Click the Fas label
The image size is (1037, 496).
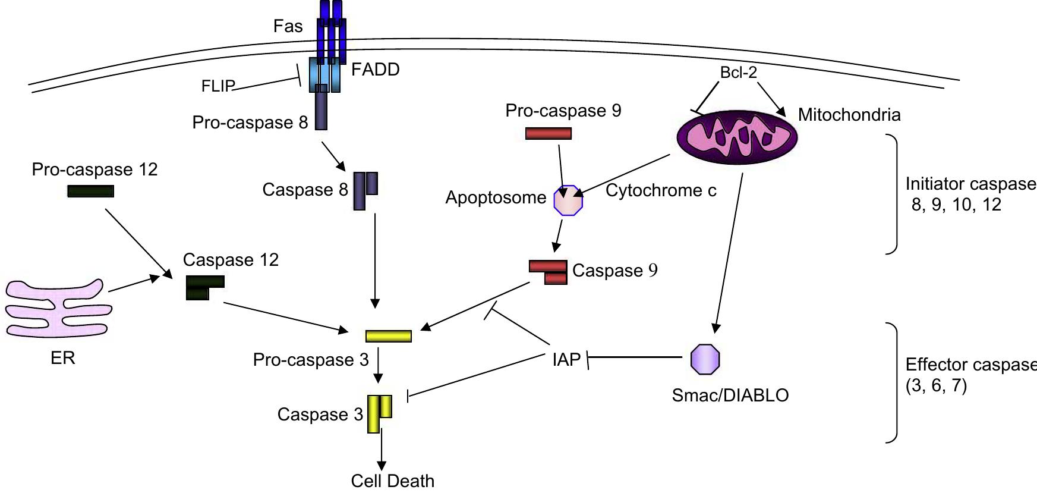pyautogui.click(x=288, y=26)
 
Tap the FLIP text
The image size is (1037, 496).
pyautogui.click(x=218, y=86)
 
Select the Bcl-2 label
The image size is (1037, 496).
pyautogui.click(x=738, y=73)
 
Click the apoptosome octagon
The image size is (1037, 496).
pyautogui.click(x=568, y=200)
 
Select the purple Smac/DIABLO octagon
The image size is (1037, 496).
pyautogui.click(x=705, y=359)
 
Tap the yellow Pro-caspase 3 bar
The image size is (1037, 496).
pyautogui.click(x=388, y=336)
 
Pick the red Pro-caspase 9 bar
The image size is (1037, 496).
pyautogui.click(x=548, y=133)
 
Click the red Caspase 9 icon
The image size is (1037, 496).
pyautogui.click(x=549, y=272)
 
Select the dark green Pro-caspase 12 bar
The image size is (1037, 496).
pyautogui.click(x=90, y=191)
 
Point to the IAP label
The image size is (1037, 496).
pyautogui.click(x=566, y=359)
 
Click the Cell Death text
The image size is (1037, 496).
pyautogui.click(x=392, y=481)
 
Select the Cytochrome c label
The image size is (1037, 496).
pyautogui.click(x=661, y=190)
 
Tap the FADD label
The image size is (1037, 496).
pyautogui.click(x=375, y=70)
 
